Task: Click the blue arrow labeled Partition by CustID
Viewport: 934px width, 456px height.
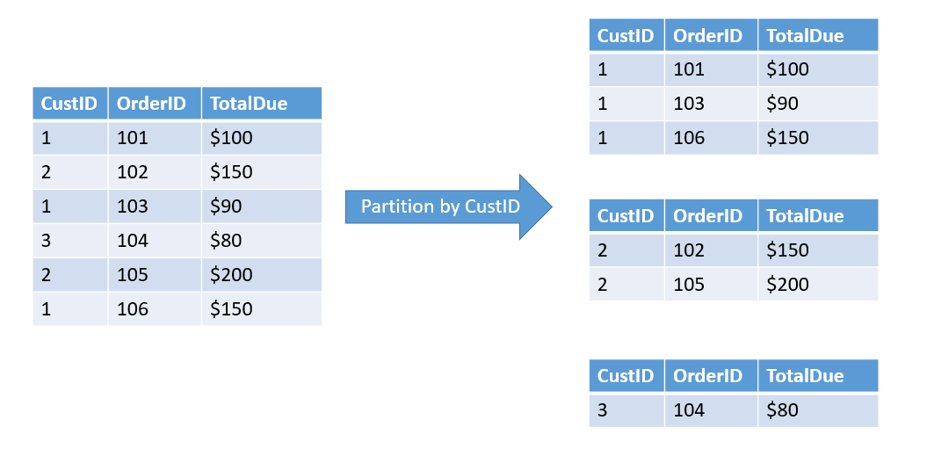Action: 448,207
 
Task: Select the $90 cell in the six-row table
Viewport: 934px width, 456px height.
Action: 262,206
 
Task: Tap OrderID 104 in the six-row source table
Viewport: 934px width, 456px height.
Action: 155,241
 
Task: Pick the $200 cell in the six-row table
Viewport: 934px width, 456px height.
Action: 262,275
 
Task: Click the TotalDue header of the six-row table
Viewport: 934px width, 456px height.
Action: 262,104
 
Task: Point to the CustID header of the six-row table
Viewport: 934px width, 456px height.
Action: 70,104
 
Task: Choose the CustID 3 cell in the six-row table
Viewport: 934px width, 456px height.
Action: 70,241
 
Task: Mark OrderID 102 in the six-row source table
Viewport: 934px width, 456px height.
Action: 155,172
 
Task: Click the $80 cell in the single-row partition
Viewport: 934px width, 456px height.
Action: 818,410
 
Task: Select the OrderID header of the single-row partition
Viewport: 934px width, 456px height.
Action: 711,376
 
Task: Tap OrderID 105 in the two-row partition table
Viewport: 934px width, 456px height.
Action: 711,285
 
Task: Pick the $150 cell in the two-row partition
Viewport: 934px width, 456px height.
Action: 818,250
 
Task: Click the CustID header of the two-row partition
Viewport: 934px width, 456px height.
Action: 626,215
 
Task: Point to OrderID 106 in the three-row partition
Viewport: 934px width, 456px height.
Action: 711,138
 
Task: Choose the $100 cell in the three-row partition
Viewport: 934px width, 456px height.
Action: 818,69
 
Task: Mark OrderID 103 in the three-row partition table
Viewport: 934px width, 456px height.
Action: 711,105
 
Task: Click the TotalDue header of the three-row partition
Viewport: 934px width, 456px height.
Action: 818,35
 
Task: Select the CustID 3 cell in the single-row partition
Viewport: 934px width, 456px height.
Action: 626,410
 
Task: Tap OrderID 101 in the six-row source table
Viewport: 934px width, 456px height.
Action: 155,138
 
